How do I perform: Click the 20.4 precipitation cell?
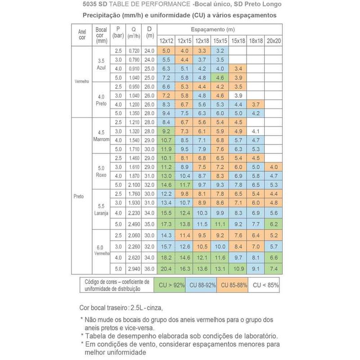click(x=166, y=269)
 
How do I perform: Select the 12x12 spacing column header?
click(x=166, y=41)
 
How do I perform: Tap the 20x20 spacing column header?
click(x=273, y=41)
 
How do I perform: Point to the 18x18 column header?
click(x=256, y=41)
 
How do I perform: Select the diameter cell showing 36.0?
click(x=150, y=269)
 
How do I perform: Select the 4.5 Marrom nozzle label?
click(x=101, y=135)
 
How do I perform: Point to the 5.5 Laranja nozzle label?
click(x=101, y=208)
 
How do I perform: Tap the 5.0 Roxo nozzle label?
click(x=101, y=172)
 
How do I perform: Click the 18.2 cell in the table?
click(x=166, y=257)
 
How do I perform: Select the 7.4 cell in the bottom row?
click(x=273, y=269)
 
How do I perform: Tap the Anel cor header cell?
click(x=82, y=35)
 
